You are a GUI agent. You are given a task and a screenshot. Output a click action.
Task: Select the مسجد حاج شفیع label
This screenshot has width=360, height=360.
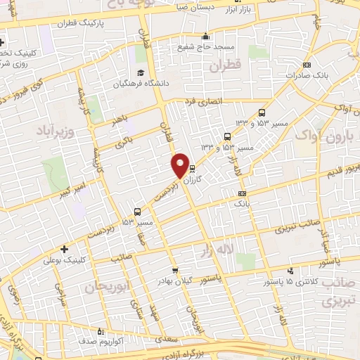[x=205, y=46]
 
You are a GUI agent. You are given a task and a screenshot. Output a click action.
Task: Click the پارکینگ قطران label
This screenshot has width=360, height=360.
[x=102, y=22]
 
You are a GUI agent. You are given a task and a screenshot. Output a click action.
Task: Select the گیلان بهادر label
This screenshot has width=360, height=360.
[x=174, y=281]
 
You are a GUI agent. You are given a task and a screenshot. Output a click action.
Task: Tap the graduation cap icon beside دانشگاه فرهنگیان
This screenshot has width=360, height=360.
[x=141, y=72]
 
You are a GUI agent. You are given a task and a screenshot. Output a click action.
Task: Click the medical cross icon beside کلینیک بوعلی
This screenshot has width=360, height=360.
[x=65, y=249]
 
